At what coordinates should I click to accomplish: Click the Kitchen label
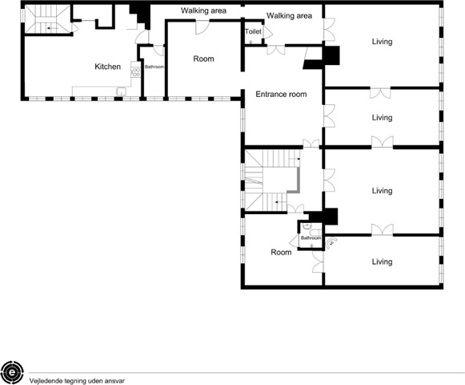point(108,67)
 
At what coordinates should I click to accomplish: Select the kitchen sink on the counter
point(122,91)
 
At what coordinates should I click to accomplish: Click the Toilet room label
point(253,31)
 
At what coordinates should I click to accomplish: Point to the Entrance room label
point(281,94)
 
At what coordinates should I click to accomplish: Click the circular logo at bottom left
point(12,372)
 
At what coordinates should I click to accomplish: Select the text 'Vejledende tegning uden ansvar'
point(77,381)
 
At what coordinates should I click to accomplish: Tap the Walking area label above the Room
point(203,10)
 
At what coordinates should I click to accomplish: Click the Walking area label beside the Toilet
point(289,16)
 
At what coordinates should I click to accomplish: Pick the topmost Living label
point(382,42)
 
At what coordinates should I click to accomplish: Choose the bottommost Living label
point(382,261)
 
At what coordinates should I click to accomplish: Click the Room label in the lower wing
point(281,253)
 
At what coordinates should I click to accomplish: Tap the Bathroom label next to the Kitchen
point(154,67)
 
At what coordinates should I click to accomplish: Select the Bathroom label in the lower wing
point(311,238)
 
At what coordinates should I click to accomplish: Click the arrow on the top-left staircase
point(53,28)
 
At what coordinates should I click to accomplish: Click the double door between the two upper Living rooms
point(380,93)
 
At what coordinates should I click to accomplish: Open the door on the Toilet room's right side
point(268,32)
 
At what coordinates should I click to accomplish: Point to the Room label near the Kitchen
point(203,59)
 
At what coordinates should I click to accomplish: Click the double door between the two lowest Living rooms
point(383,230)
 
